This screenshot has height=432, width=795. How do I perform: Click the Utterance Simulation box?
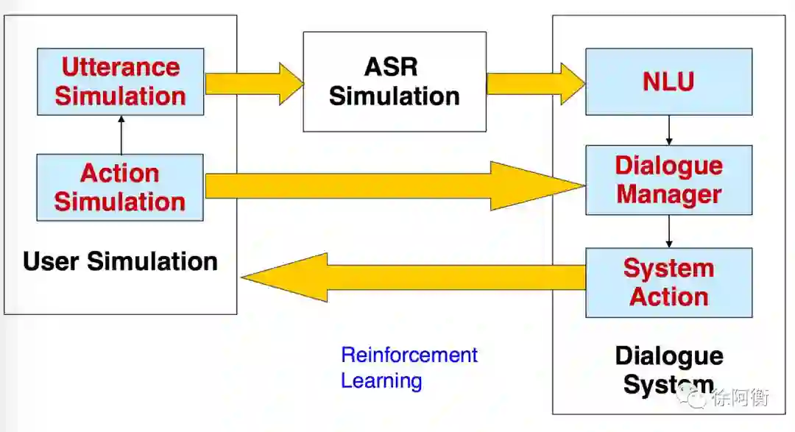(x=120, y=82)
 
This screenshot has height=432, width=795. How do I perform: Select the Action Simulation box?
(x=119, y=187)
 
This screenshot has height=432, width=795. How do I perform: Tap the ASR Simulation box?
(x=395, y=81)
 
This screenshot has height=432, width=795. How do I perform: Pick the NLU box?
(x=668, y=81)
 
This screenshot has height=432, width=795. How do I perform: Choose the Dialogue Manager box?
(x=668, y=180)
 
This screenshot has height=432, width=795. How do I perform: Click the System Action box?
(x=668, y=282)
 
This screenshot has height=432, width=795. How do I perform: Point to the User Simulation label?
(x=120, y=261)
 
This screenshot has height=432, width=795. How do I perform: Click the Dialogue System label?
(x=668, y=370)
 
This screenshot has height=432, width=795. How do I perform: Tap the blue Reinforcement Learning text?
(x=409, y=367)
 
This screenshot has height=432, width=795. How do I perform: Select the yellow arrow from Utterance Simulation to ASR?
(x=254, y=82)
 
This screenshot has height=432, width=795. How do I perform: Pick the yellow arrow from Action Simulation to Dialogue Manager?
(x=394, y=185)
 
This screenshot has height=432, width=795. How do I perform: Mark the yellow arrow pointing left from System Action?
(x=412, y=277)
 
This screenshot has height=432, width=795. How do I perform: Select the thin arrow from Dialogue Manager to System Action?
(x=668, y=231)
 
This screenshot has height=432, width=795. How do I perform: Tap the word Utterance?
(x=120, y=67)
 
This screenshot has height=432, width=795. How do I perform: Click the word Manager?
(x=668, y=194)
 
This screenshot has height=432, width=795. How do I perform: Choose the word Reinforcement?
(x=409, y=355)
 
